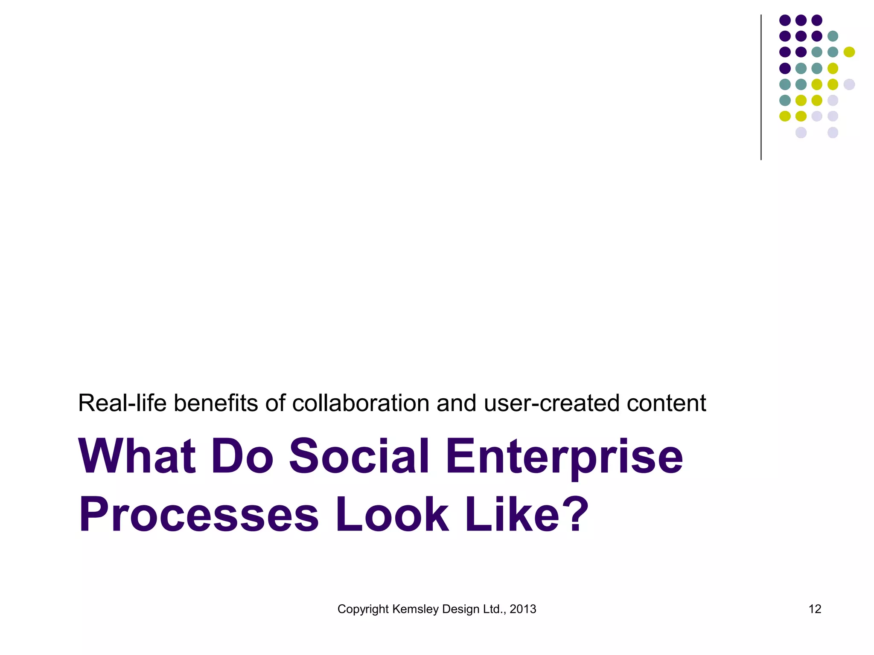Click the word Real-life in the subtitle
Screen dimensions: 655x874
(122, 403)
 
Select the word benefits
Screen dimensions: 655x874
(216, 403)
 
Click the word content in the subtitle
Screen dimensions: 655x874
(666, 403)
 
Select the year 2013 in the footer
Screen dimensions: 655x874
(523, 609)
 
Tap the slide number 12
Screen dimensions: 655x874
(815, 609)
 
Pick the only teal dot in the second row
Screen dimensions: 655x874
(833, 36)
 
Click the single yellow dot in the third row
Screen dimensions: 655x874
(849, 52)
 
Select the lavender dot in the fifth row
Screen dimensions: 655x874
(849, 84)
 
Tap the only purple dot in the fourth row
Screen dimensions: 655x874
(785, 68)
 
